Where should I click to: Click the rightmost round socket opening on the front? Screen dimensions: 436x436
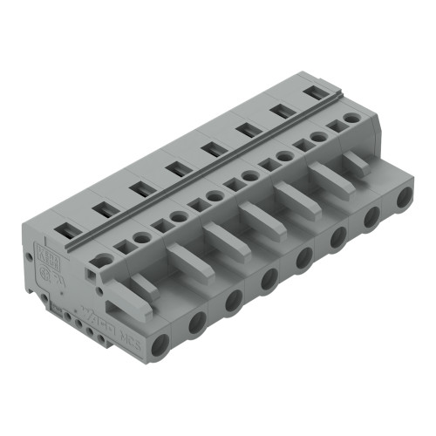click(x=404, y=199)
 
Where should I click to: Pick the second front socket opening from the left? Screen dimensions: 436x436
click(x=197, y=322)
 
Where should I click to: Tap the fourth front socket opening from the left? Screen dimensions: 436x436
click(x=269, y=278)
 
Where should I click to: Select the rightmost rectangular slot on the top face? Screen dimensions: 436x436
click(x=311, y=92)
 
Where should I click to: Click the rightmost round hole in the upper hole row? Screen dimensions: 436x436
click(x=351, y=117)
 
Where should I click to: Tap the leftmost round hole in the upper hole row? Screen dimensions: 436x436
click(x=105, y=259)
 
